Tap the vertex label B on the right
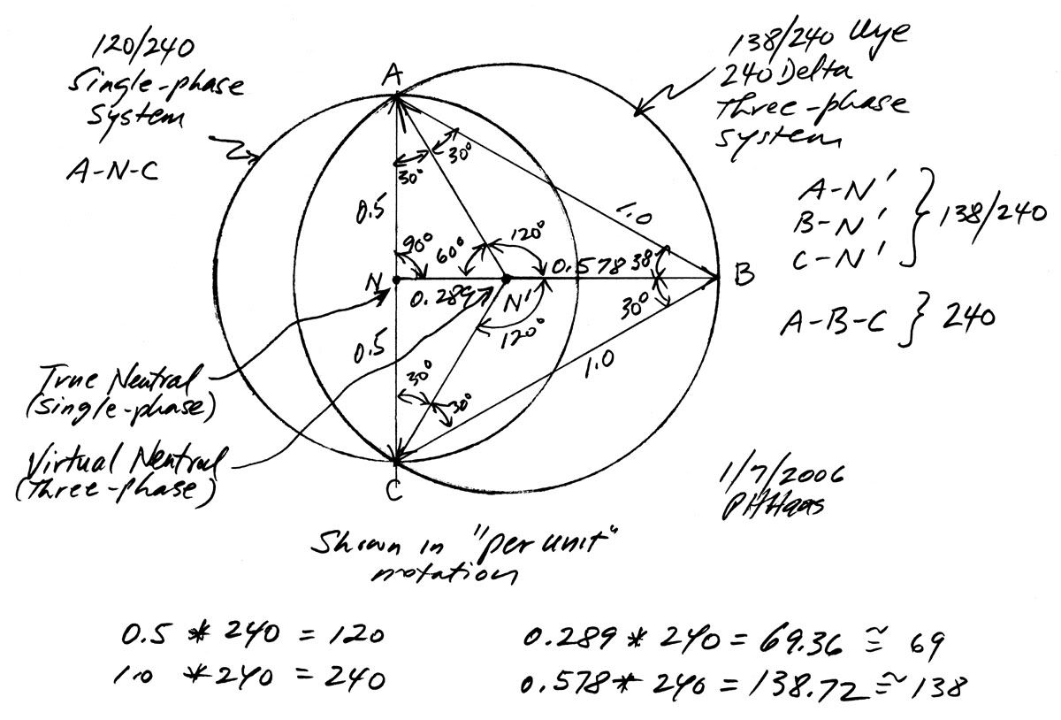[x=743, y=276]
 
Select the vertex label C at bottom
[x=394, y=488]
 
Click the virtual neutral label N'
[x=515, y=303]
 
